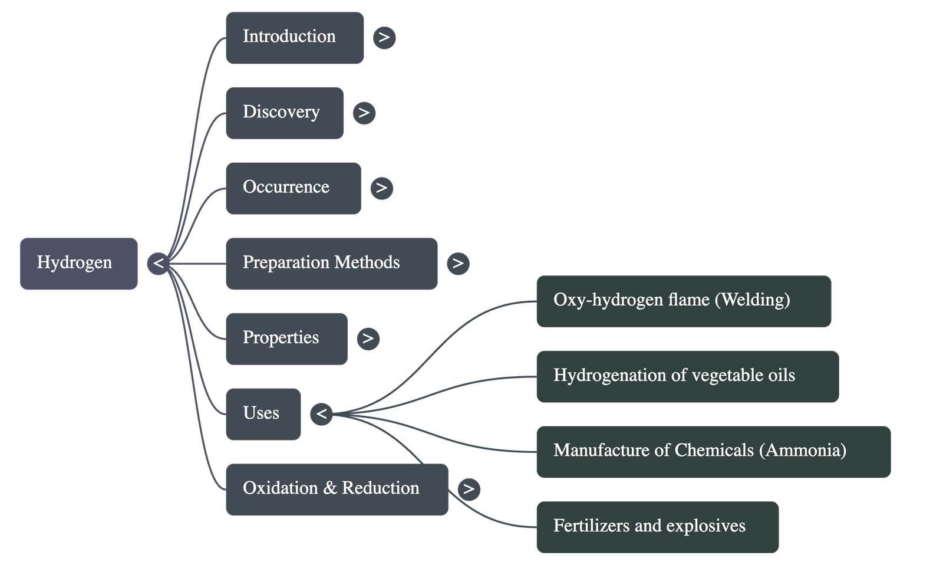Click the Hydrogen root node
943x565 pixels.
pos(78,263)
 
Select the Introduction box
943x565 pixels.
pos(294,37)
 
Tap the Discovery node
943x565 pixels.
pos(284,113)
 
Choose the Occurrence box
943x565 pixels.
pos(293,188)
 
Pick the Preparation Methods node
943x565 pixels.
pos(331,263)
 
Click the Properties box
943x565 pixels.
pos(286,339)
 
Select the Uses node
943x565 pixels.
pos(263,413)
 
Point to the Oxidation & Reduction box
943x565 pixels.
pos(336,489)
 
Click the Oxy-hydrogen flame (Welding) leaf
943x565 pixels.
pos(683,301)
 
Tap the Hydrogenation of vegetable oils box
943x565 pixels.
pos(687,376)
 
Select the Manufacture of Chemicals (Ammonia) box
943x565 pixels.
pos(713,451)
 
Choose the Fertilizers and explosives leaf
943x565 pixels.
pos(657,527)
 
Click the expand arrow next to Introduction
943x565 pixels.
pos(384,38)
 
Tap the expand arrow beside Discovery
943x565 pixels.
pos(364,113)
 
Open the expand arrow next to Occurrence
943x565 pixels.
pos(381,188)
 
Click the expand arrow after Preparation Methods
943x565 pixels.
pos(458,263)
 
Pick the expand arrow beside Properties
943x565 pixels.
pos(368,339)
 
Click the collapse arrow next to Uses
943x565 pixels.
pos(321,414)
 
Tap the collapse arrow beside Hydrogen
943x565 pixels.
pos(158,263)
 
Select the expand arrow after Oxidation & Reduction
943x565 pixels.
pos(469,489)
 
